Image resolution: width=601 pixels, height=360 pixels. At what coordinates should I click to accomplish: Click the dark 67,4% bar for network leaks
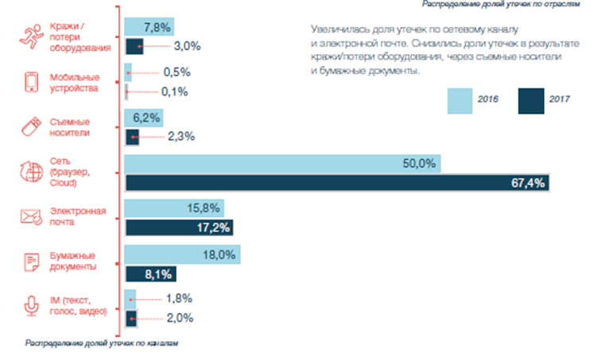click(338, 183)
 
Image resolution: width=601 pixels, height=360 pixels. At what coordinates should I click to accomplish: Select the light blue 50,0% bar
click(282, 164)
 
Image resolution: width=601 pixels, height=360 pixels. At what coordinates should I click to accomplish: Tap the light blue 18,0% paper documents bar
click(182, 254)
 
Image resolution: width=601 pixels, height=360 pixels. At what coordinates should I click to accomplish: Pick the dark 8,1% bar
click(150, 273)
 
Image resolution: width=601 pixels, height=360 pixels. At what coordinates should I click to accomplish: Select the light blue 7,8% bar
click(149, 28)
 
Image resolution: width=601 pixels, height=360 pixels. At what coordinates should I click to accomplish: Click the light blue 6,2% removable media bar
click(143, 118)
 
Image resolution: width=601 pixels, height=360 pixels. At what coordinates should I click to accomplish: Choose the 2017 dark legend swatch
click(530, 101)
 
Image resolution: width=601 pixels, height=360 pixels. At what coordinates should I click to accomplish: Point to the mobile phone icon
click(32, 83)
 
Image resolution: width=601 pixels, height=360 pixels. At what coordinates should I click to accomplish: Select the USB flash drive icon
click(32, 127)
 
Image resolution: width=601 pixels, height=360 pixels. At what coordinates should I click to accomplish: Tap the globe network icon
click(32, 172)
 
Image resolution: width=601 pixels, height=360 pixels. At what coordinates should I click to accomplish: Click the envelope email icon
click(32, 217)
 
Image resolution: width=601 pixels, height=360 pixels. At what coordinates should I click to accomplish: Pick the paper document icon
click(32, 262)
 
